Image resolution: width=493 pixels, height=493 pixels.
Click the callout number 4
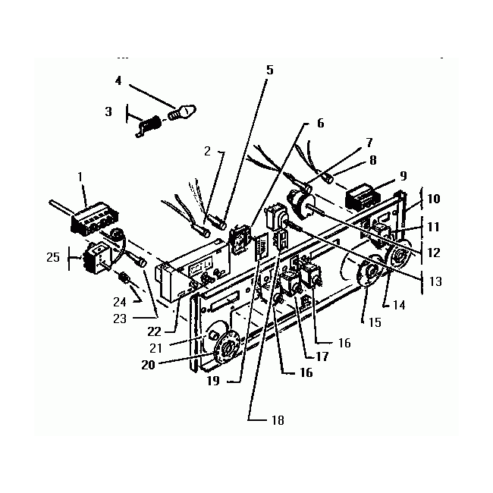pos(118,80)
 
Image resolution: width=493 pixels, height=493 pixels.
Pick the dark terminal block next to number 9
pos(363,199)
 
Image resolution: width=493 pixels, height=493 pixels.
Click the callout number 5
pos(269,70)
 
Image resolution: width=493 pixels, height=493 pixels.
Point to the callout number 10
pos(433,199)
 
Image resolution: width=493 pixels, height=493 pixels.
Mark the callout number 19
pos(212,381)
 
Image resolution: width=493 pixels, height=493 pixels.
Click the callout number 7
pos(369,142)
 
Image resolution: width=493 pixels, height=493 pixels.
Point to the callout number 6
pos(320,123)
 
